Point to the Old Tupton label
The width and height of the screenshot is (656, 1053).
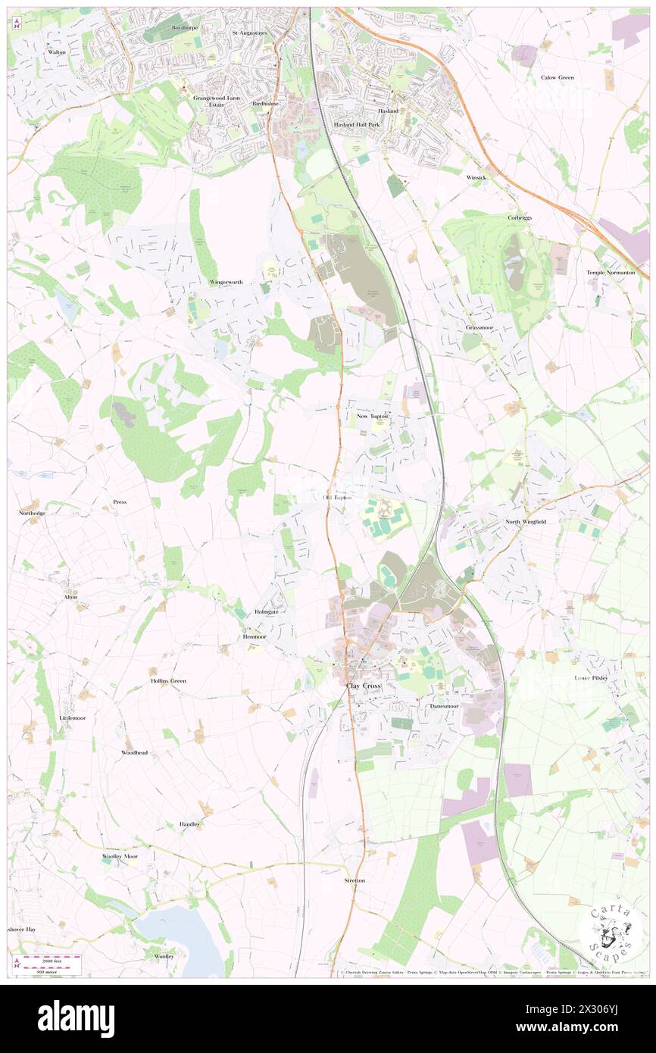(x=337, y=498)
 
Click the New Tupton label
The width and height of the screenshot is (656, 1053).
(x=372, y=417)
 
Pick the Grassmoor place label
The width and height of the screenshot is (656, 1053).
(x=480, y=327)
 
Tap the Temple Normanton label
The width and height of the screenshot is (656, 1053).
(x=610, y=272)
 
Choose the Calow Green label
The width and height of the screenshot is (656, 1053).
(x=557, y=77)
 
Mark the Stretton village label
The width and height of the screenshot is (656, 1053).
(x=355, y=880)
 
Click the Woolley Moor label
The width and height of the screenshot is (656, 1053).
(x=120, y=856)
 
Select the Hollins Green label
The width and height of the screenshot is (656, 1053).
(x=167, y=681)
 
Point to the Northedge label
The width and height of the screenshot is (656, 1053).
(x=32, y=513)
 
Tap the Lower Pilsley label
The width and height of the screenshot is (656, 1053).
(x=591, y=678)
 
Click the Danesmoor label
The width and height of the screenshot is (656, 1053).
(x=444, y=705)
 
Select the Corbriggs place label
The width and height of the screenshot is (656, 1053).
(x=520, y=217)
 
